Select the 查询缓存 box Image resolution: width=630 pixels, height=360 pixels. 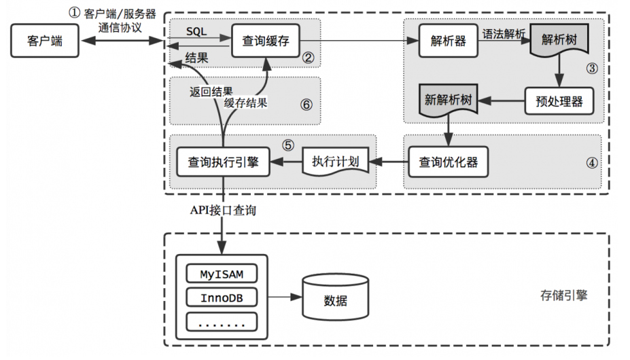[266, 41]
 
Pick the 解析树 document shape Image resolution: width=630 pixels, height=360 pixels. [559, 39]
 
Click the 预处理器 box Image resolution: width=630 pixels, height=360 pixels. [558, 101]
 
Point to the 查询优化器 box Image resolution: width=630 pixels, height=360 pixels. [448, 162]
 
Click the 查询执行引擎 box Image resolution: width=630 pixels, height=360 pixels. [223, 162]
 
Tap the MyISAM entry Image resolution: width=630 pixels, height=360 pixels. [222, 275]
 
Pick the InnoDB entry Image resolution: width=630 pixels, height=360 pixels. [222, 298]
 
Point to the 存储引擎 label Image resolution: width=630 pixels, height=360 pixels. [563, 296]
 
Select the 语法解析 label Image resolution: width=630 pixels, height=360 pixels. [504, 32]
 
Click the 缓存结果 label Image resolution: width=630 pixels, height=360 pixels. [245, 103]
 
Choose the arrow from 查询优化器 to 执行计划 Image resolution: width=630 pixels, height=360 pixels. [388, 162]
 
